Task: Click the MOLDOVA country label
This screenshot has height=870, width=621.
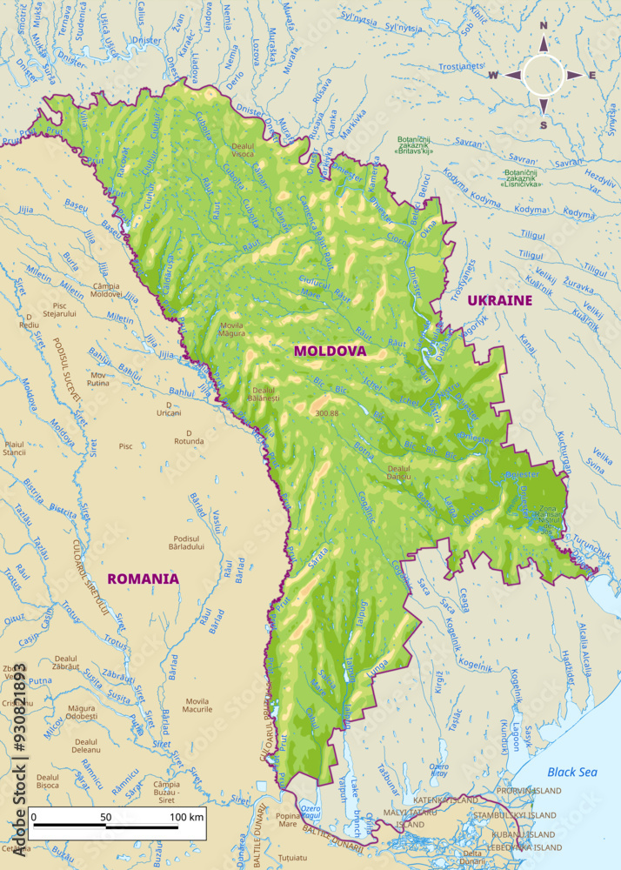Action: point(330,351)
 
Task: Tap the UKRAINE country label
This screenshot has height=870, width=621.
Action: point(499,300)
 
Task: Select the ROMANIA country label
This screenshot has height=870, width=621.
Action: point(143,578)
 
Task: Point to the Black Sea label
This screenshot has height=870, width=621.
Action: point(572,772)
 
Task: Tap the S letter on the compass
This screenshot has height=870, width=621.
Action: point(544,125)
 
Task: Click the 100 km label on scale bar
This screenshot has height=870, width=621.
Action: point(186,818)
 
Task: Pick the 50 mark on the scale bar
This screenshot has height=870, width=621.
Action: point(105,818)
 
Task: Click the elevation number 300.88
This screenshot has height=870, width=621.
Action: point(327,413)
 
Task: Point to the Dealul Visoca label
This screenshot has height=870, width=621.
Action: point(243,150)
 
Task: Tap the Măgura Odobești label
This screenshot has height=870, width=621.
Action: point(82,712)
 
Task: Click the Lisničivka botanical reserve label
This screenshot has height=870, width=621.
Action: point(522,178)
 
